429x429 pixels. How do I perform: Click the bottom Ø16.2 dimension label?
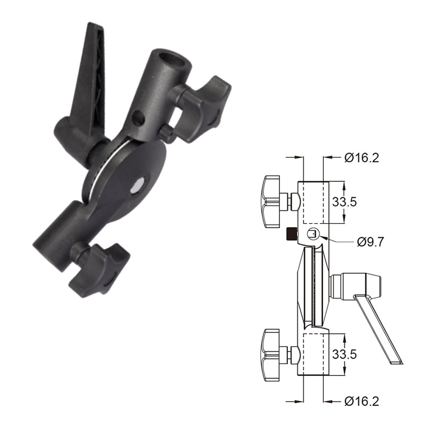[x=362, y=401]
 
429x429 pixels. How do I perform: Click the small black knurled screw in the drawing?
[x=292, y=234]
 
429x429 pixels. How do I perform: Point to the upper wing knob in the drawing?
[x=273, y=201]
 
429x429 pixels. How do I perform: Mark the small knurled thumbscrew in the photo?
[x=166, y=133]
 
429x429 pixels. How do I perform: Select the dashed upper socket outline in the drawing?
[x=314, y=202]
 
